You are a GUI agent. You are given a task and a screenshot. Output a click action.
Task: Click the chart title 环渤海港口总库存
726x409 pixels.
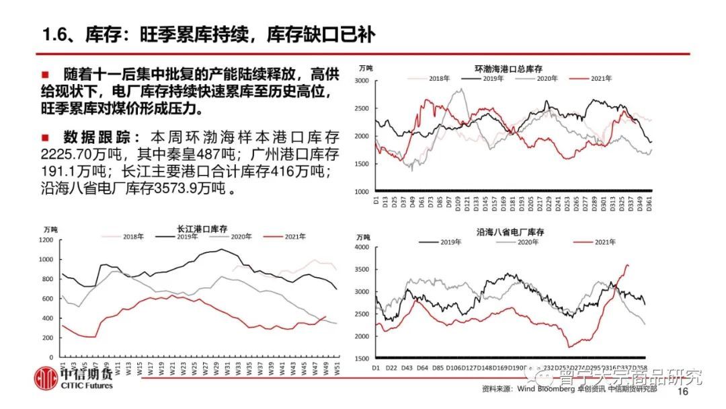[x=508, y=69]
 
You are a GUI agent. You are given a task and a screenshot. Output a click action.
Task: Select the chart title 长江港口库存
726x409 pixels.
[x=207, y=228]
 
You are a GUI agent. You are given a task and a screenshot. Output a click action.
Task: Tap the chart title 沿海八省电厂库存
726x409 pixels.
[x=510, y=231]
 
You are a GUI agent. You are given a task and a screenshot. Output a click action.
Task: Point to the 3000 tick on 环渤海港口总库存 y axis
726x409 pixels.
[x=361, y=81]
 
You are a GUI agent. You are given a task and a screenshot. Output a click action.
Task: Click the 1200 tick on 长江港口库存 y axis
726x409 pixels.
[x=46, y=239]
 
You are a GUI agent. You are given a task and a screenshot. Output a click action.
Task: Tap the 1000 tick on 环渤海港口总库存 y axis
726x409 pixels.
[x=361, y=192]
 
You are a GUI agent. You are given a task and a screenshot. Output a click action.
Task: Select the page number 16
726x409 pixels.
[x=684, y=392]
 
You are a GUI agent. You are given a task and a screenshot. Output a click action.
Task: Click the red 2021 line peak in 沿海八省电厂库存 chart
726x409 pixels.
[x=628, y=265]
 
